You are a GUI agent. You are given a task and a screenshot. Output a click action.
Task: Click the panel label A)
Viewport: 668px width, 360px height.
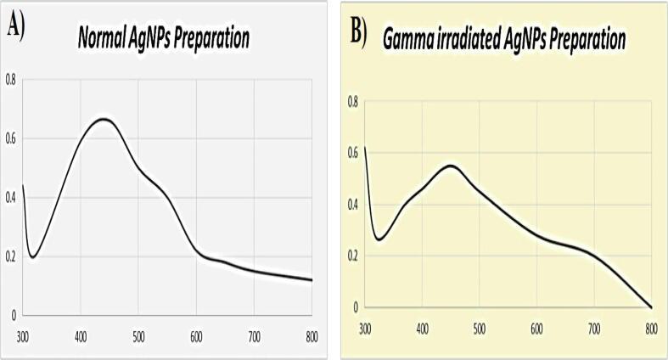16,27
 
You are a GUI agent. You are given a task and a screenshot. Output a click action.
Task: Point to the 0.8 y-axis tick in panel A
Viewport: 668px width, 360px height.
10,80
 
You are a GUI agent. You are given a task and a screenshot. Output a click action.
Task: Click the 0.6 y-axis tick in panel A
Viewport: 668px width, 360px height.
10,138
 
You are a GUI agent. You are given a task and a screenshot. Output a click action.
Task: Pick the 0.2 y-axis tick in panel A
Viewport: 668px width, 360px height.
10,256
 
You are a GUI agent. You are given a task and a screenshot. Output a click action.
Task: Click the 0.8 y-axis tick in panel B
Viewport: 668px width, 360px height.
353,102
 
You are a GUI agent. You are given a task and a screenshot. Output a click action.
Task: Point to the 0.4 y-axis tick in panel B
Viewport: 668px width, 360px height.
353,205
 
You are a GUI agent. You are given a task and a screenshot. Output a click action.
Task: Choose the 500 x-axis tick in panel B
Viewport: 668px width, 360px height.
480,328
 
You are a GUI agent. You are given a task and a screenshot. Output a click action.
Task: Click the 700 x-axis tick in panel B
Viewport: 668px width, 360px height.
594,328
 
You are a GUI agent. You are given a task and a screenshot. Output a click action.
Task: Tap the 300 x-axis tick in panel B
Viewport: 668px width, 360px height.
365,328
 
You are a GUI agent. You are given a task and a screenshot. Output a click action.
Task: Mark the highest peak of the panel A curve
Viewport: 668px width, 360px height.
103,120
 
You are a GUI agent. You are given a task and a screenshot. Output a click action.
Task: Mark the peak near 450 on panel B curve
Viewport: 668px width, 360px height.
451,166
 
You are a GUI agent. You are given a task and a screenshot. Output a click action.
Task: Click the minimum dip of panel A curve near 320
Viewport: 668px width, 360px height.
32,256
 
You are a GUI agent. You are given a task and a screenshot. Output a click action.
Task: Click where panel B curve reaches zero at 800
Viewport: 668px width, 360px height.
651,307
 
